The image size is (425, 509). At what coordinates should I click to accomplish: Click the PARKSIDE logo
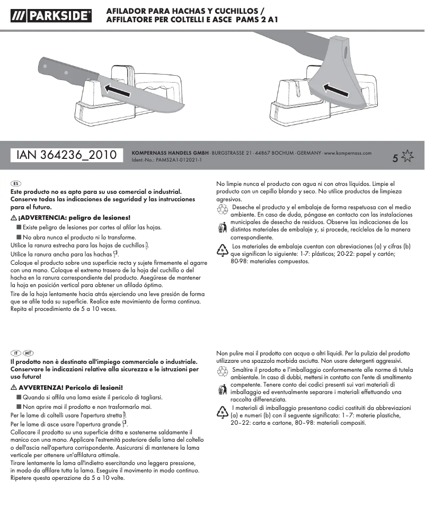[x=50, y=16]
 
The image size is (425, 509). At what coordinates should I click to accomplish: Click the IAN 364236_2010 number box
[x=67, y=155]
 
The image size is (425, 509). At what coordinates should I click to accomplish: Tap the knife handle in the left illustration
[x=61, y=72]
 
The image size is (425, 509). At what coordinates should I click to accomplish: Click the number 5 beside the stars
[x=395, y=158]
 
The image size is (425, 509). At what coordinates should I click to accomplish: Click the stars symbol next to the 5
[x=407, y=156]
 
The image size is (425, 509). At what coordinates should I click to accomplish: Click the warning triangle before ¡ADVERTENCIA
[x=14, y=218]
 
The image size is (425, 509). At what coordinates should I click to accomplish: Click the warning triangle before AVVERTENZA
[x=14, y=387]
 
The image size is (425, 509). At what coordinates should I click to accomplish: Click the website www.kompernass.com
[x=348, y=153]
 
